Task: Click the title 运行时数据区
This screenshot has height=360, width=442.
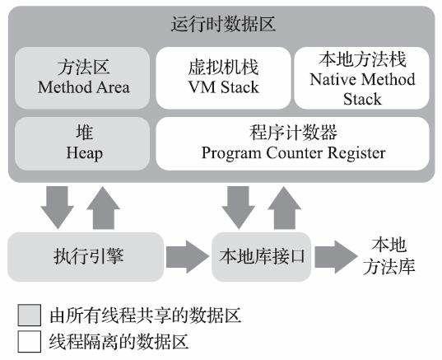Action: click(x=221, y=24)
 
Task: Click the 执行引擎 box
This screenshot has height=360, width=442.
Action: click(x=82, y=256)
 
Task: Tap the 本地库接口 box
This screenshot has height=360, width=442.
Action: click(x=261, y=256)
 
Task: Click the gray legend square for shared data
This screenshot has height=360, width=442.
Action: click(x=30, y=316)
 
